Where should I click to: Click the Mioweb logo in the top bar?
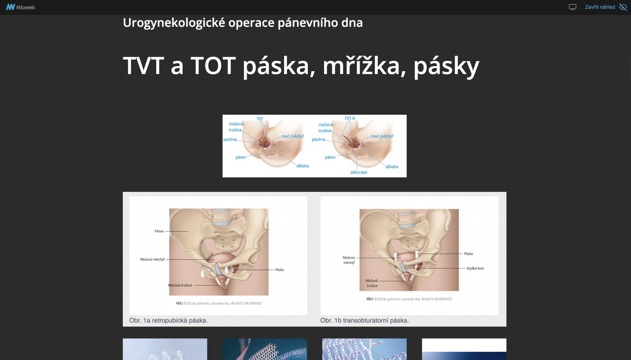21,7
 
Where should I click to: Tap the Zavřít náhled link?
600,7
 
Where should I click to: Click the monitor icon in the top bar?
572,7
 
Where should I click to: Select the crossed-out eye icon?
623,7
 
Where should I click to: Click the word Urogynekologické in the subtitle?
174,23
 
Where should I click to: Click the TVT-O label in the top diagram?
350,118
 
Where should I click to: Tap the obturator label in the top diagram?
359,172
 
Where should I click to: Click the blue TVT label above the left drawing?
260,119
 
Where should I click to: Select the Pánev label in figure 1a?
159,231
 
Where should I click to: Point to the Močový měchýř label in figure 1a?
152,259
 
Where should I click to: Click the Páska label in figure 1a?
279,270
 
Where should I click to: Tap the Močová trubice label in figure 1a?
180,285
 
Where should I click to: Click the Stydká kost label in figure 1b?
475,268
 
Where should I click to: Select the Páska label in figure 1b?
468,254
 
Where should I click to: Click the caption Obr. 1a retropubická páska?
168,320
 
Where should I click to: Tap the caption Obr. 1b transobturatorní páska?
364,320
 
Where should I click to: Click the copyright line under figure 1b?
409,299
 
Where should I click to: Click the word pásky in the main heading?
446,66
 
